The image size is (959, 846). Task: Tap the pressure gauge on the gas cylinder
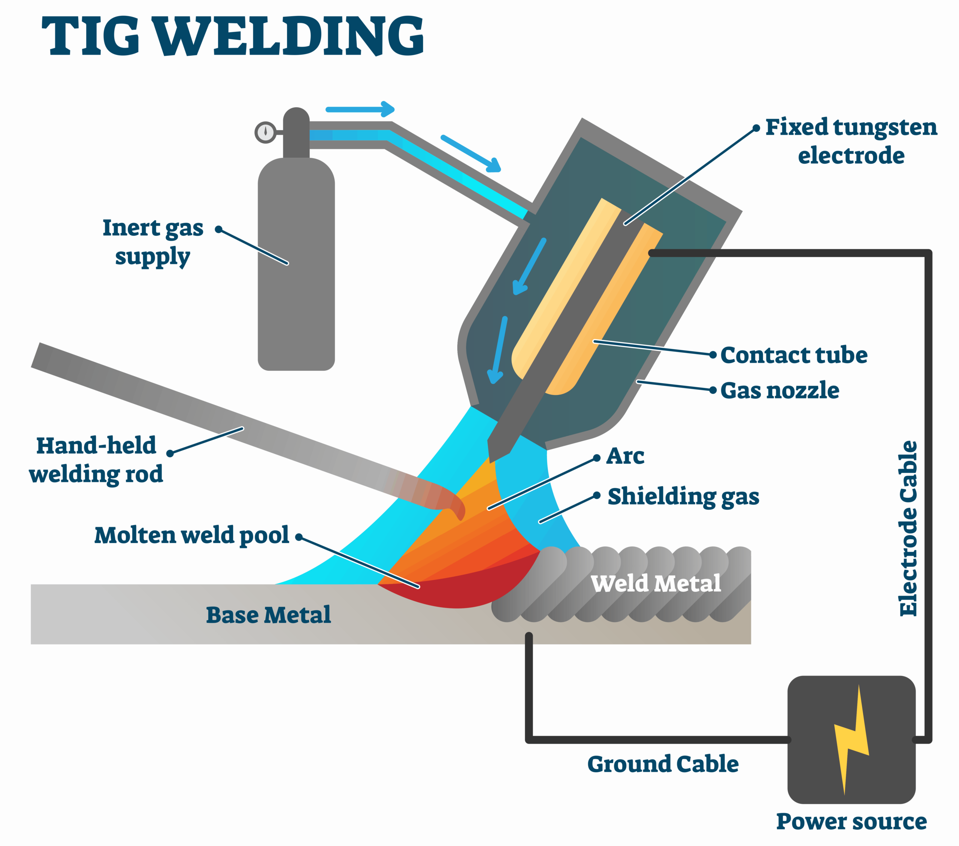pyautogui.click(x=266, y=132)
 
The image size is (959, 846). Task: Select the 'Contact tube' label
pyautogui.click(x=793, y=355)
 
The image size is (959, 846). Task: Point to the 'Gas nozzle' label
pyautogui.click(x=779, y=391)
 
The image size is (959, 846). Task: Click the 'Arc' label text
pyautogui.click(x=625, y=456)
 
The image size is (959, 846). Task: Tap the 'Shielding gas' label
pyautogui.click(x=683, y=497)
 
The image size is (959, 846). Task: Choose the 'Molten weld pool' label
pyautogui.click(x=191, y=535)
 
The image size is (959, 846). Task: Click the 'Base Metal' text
pyautogui.click(x=268, y=615)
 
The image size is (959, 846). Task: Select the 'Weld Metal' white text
pyautogui.click(x=656, y=584)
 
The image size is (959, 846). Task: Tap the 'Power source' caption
pyautogui.click(x=851, y=822)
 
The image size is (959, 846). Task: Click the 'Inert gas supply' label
pyautogui.click(x=153, y=242)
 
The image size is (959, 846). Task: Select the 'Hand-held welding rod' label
pyautogui.click(x=96, y=460)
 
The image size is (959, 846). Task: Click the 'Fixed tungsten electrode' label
pyautogui.click(x=851, y=141)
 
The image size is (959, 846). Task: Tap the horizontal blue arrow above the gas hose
pyautogui.click(x=360, y=109)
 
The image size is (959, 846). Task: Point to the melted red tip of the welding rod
pyautogui.click(x=455, y=507)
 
